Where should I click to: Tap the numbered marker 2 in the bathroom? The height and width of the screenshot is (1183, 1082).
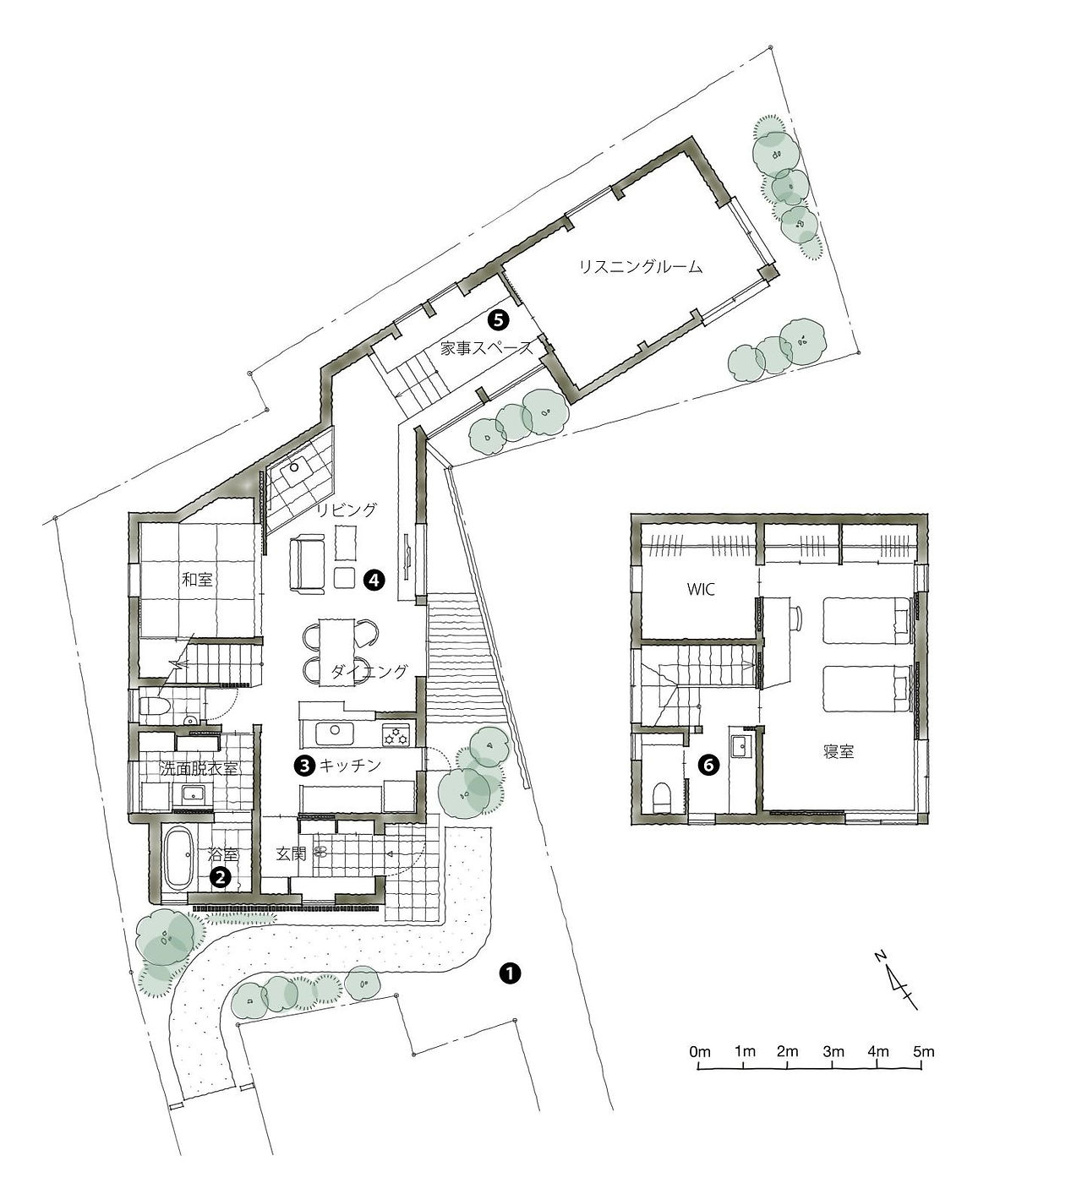(x=220, y=877)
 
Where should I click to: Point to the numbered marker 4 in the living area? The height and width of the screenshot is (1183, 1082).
(x=374, y=581)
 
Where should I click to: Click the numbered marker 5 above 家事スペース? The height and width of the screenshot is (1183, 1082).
(x=498, y=320)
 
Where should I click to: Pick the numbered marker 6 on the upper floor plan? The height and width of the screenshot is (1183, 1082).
(x=708, y=765)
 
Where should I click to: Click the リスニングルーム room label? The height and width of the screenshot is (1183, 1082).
(x=641, y=267)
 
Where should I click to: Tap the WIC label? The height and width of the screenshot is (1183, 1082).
(x=700, y=589)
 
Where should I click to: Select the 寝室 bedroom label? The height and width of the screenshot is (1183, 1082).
(x=839, y=751)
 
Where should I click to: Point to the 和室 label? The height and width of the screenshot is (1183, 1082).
(x=197, y=579)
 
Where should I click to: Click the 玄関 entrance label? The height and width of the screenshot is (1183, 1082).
(x=292, y=853)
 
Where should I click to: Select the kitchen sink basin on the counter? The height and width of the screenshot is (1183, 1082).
(x=335, y=733)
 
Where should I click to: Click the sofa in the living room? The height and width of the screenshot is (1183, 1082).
(x=307, y=563)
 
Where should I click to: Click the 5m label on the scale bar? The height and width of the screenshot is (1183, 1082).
(x=924, y=1051)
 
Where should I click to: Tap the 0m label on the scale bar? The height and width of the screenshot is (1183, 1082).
(x=700, y=1051)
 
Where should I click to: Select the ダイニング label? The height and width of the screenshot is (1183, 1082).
(x=369, y=671)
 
